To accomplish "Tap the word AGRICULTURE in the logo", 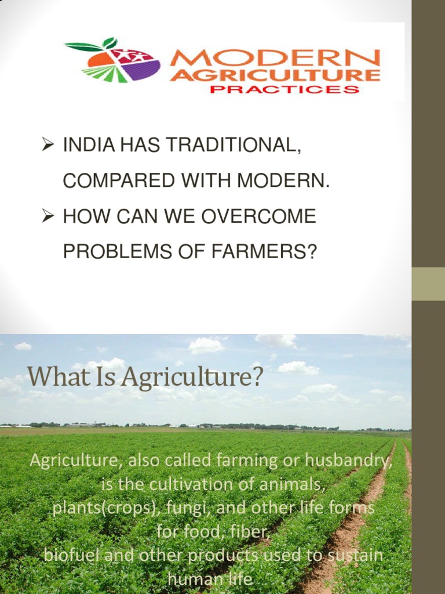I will [x=275, y=75].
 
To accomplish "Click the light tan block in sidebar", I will [x=428, y=284].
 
